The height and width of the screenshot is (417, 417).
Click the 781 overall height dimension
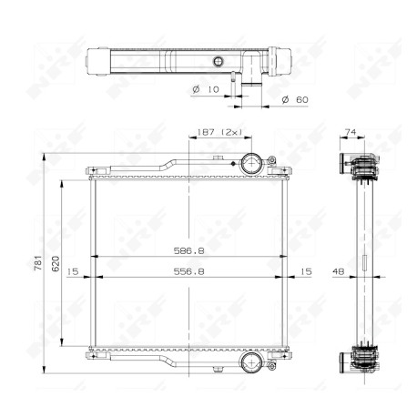tap(37, 263)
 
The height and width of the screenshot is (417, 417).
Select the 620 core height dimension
tap(56, 263)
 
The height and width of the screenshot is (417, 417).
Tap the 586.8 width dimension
tap(188, 251)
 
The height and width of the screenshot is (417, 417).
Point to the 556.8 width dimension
tap(188, 271)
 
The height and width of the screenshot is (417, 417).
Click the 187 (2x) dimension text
tap(219, 132)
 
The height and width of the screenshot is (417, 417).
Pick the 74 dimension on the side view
tap(351, 132)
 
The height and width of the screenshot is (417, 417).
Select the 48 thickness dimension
tap(339, 271)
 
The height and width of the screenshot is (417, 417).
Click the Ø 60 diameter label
tap(295, 99)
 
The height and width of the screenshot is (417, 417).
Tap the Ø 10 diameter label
tap(206, 89)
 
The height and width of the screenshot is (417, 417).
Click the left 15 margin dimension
tap(73, 271)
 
